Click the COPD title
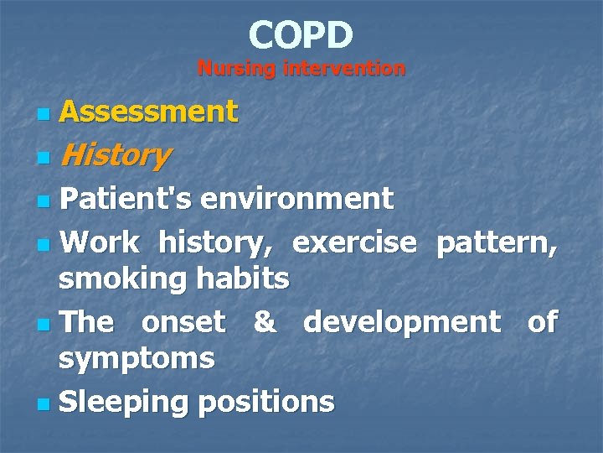point(301,35)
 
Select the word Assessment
point(148,112)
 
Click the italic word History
point(115,155)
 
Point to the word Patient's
point(126,199)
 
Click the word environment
point(296,199)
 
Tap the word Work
point(100,242)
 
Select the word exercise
point(353,242)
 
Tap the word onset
point(183,322)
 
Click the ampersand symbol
point(264,322)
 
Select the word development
point(401,322)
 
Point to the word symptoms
point(136,358)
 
